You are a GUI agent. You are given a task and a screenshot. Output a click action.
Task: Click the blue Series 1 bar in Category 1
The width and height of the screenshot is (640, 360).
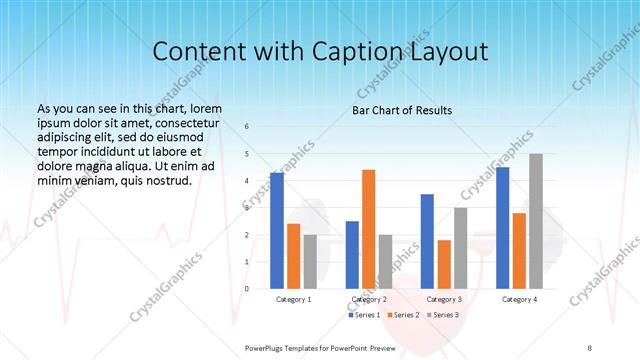[277, 231]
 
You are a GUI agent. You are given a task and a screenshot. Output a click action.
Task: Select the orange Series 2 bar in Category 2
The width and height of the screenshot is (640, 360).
[368, 229]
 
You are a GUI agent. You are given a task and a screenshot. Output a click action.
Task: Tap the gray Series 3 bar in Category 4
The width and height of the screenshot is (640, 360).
[536, 221]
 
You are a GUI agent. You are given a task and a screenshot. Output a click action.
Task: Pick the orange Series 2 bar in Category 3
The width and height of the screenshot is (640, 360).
[444, 264]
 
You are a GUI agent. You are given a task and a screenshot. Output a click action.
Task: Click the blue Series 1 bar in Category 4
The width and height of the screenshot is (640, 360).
[502, 228]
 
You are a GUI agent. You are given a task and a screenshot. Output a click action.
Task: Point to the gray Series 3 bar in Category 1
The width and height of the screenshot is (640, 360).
[310, 262]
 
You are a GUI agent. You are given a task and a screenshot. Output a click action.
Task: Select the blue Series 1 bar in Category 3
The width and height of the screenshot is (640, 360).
[427, 241]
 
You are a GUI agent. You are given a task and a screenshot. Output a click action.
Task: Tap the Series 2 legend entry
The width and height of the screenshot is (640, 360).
[404, 315]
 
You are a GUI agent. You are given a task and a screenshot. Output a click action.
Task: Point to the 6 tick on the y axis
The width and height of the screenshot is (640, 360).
[248, 127]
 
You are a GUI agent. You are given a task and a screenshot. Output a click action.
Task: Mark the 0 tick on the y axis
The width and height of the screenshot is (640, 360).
[248, 289]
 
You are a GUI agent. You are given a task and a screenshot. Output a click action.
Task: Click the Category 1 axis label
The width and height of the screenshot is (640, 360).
[293, 299]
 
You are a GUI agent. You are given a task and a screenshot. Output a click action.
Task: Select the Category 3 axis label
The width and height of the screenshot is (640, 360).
[443, 299]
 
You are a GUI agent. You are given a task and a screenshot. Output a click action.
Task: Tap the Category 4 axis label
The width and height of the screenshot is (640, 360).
[519, 299]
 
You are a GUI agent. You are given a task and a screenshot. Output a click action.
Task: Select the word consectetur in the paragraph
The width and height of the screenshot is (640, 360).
[181, 120]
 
